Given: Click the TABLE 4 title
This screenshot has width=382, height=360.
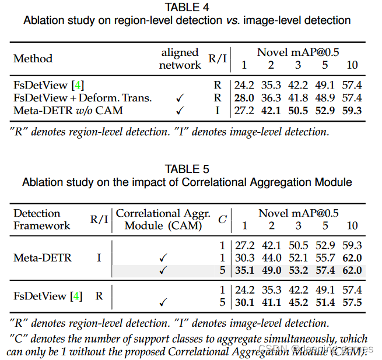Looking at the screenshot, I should tap(187, 8).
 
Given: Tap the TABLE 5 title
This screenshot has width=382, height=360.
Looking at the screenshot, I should tap(187, 170).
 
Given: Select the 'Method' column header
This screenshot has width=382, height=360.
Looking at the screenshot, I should tap(33, 58).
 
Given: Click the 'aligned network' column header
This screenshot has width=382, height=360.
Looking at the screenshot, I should tap(180, 58).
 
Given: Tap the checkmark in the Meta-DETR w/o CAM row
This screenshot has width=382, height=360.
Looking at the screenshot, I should tap(180, 110).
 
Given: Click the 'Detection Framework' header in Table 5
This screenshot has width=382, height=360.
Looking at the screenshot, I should tap(41, 220).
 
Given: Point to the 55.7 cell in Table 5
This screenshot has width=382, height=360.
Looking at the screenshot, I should tap(325, 257).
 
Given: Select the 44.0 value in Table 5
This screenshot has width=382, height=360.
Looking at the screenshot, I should tap(271, 257).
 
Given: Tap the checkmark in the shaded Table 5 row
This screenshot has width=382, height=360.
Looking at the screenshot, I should tap(163, 270).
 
